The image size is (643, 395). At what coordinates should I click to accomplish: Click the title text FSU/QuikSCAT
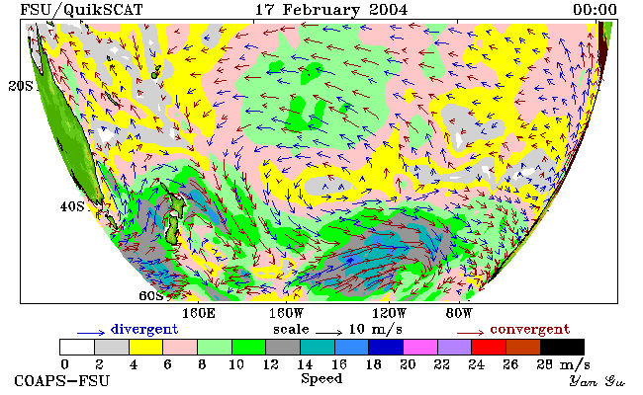[81, 10]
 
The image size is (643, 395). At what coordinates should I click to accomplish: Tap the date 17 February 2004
[331, 10]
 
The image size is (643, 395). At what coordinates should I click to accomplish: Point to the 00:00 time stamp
[595, 10]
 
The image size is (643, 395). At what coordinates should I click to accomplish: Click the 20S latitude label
[21, 86]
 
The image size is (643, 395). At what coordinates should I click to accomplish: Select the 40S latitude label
[72, 206]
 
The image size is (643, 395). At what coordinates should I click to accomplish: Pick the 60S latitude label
[151, 295]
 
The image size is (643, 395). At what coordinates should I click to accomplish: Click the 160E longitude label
[199, 314]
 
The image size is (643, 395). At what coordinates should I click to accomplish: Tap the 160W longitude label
[286, 314]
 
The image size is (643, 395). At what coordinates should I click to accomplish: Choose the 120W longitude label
[389, 314]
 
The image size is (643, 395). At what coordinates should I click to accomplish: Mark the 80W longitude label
[459, 314]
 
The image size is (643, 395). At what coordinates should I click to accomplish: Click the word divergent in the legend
[144, 329]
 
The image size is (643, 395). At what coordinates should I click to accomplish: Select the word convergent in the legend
[530, 329]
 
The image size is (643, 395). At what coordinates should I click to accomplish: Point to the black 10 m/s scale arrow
[328, 333]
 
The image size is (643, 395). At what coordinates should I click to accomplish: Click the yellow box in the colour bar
[146, 347]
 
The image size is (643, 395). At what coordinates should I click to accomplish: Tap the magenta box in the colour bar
[420, 347]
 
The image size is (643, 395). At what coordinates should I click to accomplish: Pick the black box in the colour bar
[562, 347]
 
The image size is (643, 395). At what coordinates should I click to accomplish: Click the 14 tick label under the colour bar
[305, 364]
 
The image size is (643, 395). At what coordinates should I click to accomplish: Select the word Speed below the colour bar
[321, 379]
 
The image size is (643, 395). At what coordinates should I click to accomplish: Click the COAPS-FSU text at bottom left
[62, 381]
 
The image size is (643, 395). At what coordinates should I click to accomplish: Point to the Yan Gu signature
[597, 381]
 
